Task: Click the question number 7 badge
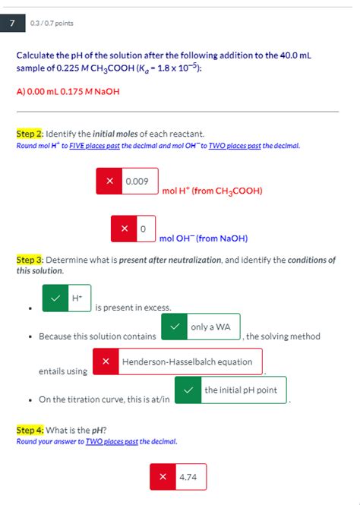[11, 24]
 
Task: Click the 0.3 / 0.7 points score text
[52, 24]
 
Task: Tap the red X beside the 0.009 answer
[109, 181]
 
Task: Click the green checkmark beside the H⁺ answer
[55, 298]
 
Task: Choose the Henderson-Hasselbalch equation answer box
[187, 361]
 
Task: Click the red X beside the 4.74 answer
[163, 477]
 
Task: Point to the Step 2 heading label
[30, 134]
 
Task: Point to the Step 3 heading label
[30, 260]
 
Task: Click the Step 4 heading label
[30, 430]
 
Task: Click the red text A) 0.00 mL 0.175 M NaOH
[68, 91]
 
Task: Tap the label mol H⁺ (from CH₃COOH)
[212, 191]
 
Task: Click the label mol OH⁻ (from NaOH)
[203, 238]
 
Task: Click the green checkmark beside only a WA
[175, 327]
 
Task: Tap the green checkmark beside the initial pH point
[188, 390]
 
